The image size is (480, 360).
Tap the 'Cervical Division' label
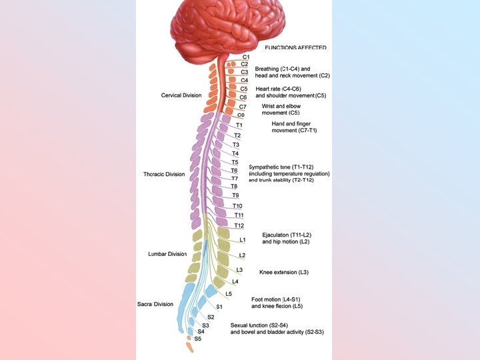[x=181, y=95]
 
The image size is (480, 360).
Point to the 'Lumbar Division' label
[x=167, y=254]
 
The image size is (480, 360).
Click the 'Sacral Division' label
[x=155, y=304]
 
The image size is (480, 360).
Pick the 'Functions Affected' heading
[x=295, y=47]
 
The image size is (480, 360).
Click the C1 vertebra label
[x=246, y=57]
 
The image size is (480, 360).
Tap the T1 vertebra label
[x=239, y=125]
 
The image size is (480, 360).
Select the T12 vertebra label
[x=239, y=225]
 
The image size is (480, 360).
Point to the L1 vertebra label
[x=243, y=239]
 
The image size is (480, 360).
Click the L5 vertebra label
[x=229, y=293]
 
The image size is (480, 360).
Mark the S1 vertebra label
[x=219, y=306]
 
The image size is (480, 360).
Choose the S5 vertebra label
[x=197, y=339]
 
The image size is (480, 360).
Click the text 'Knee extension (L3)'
[x=284, y=273]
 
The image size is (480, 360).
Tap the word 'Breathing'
[x=267, y=69]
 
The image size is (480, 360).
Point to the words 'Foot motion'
[x=266, y=299]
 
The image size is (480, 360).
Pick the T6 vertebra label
[x=235, y=171]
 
